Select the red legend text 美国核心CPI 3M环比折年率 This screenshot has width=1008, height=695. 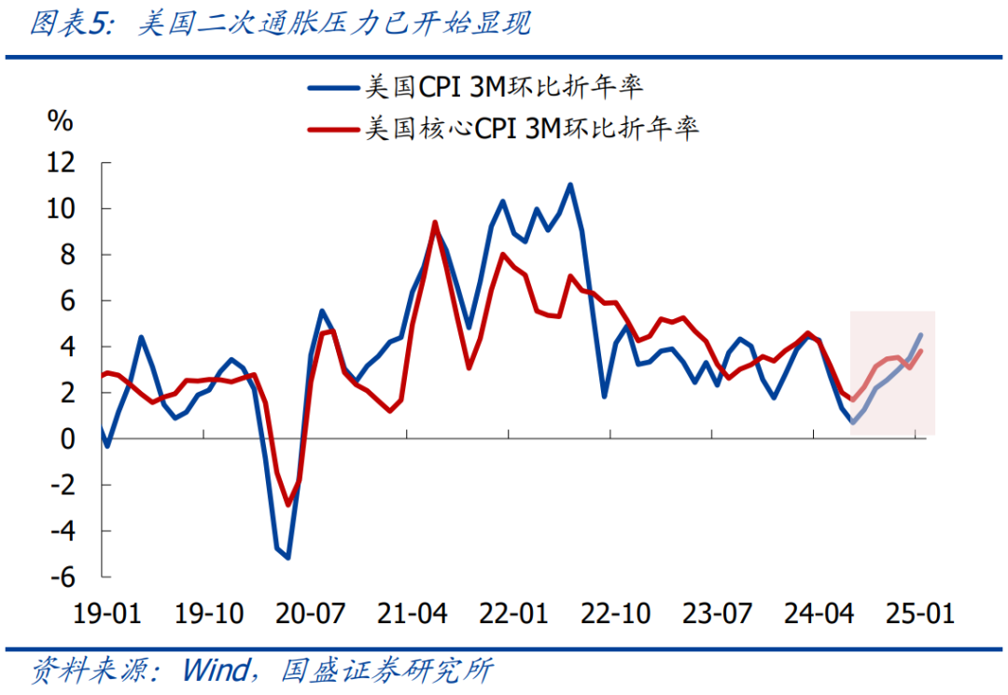532,127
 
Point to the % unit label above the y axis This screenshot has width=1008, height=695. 61,120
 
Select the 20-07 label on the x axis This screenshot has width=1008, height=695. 312,614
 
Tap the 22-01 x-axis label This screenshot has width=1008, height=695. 513,614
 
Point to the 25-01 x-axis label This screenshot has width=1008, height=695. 919,614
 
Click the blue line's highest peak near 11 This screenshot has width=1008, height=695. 570,185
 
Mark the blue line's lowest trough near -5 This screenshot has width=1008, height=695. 288,557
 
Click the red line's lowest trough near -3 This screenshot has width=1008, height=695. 288,505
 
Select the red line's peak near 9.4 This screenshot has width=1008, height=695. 435,222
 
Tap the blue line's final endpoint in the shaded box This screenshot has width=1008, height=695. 921,335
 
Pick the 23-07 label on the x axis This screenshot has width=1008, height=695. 717,614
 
